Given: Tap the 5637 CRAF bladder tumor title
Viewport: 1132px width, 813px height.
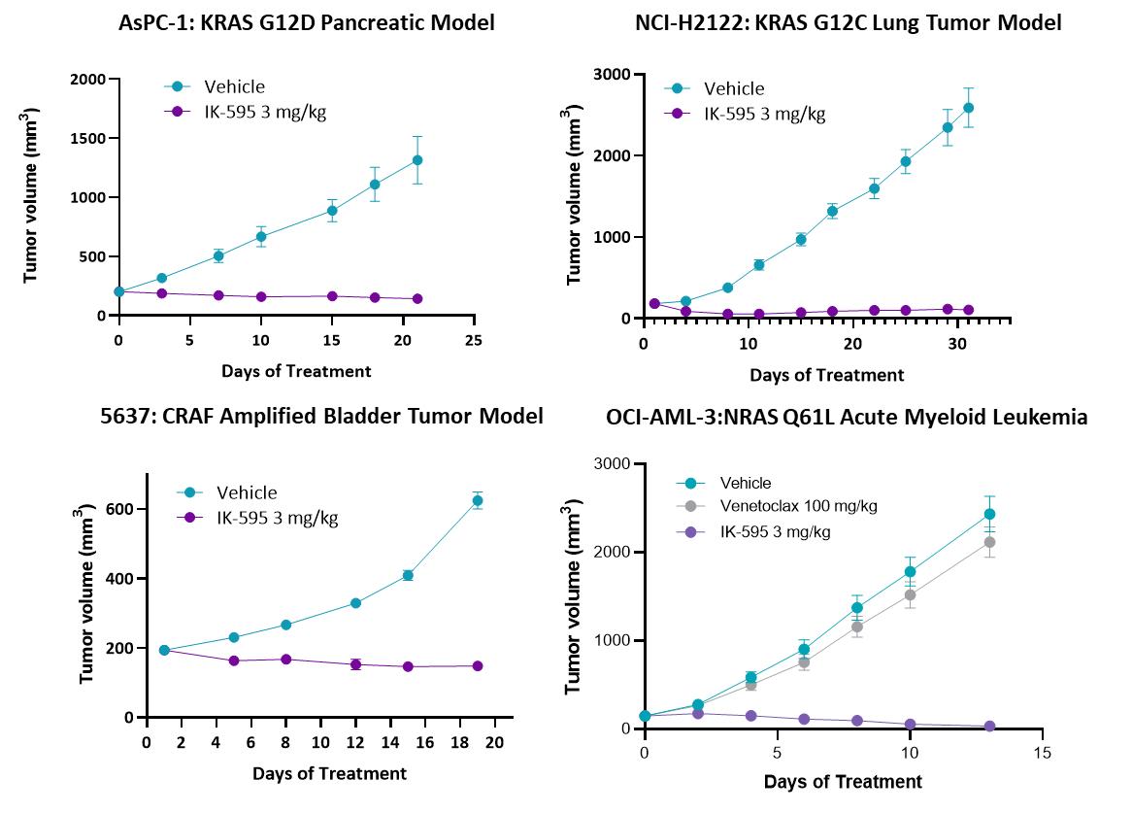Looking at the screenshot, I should click(321, 417).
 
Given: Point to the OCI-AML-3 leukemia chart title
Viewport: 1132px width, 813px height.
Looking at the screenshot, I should click(847, 418).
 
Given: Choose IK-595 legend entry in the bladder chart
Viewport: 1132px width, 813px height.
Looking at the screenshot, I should click(277, 518).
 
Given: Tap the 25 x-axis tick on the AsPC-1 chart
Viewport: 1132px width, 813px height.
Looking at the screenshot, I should click(473, 341).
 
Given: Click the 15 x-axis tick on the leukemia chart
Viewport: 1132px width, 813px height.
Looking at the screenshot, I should click(1042, 753).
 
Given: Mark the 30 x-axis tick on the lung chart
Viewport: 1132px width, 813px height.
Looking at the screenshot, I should click(956, 344).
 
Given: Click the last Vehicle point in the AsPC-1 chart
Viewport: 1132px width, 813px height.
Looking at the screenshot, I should click(417, 160).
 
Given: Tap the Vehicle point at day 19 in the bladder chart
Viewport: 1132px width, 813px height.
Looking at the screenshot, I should click(478, 501).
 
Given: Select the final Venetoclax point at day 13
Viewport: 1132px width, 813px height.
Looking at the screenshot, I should click(989, 543).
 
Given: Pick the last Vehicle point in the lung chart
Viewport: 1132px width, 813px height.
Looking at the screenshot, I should click(968, 108).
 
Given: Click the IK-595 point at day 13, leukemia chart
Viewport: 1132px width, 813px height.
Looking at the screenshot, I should click(989, 727).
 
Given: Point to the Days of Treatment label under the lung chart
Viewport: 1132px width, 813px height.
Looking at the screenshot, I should click(826, 375).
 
